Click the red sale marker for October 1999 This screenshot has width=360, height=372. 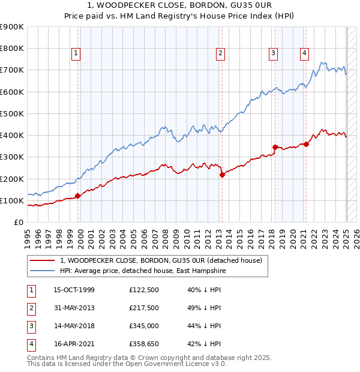(78, 196)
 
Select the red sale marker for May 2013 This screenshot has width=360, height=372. (222, 175)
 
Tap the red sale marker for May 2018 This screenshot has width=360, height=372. (275, 147)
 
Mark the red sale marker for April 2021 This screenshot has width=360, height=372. (306, 144)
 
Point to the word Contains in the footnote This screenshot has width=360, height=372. (42, 358)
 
